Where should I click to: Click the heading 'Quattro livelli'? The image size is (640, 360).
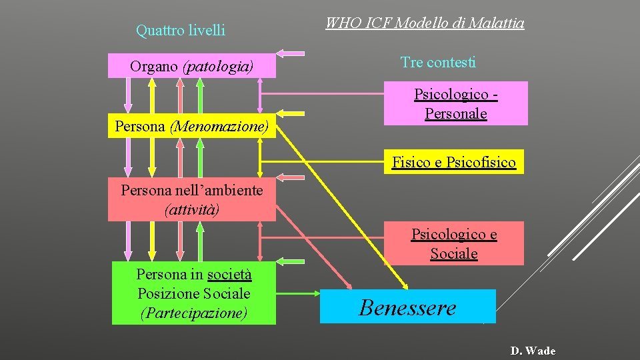[x=181, y=30]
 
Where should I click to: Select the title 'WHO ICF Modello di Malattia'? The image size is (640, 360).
[x=425, y=23]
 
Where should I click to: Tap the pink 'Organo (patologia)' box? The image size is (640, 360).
[x=192, y=66]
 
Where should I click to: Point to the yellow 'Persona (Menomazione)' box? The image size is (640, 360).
[x=192, y=125]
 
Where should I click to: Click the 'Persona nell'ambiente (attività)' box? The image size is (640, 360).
[x=192, y=199]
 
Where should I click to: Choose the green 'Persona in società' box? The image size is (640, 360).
[x=193, y=293]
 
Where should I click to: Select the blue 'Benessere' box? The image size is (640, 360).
[x=408, y=307]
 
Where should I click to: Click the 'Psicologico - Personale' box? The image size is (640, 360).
[x=456, y=103]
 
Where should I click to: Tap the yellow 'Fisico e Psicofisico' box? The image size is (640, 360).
[x=454, y=162]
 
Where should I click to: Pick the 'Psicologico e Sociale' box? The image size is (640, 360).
[x=454, y=243]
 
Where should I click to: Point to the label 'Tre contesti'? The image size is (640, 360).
[x=438, y=63]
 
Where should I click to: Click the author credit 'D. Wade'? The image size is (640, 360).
[x=533, y=351]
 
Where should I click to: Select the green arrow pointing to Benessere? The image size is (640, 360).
[x=297, y=292]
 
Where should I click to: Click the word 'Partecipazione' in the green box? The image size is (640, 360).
[x=193, y=313]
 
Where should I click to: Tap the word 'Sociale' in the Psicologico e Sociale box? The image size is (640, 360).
[x=454, y=253]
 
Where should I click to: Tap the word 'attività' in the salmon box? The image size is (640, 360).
[x=192, y=209]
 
